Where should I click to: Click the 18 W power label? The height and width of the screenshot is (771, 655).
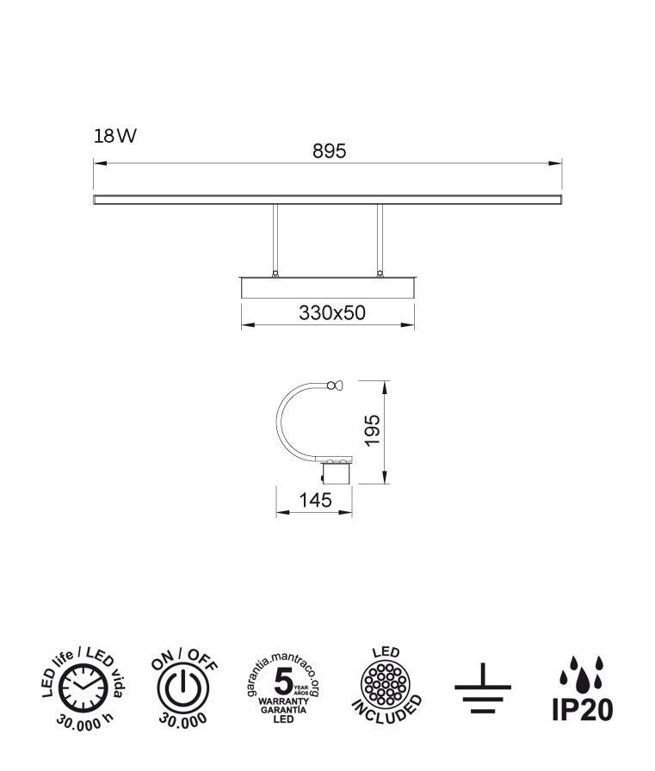point(115,136)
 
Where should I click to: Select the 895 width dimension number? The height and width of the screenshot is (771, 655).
point(329,151)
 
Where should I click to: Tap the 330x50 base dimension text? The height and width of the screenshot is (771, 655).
point(332,312)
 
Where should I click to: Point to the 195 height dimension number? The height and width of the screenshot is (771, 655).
point(373,430)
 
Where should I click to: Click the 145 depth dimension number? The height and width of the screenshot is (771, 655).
point(316,500)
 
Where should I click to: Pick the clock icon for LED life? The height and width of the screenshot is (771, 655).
point(83,688)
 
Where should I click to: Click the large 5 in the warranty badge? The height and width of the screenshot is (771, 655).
point(283,682)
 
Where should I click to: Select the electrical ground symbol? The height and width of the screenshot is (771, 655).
point(482,688)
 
